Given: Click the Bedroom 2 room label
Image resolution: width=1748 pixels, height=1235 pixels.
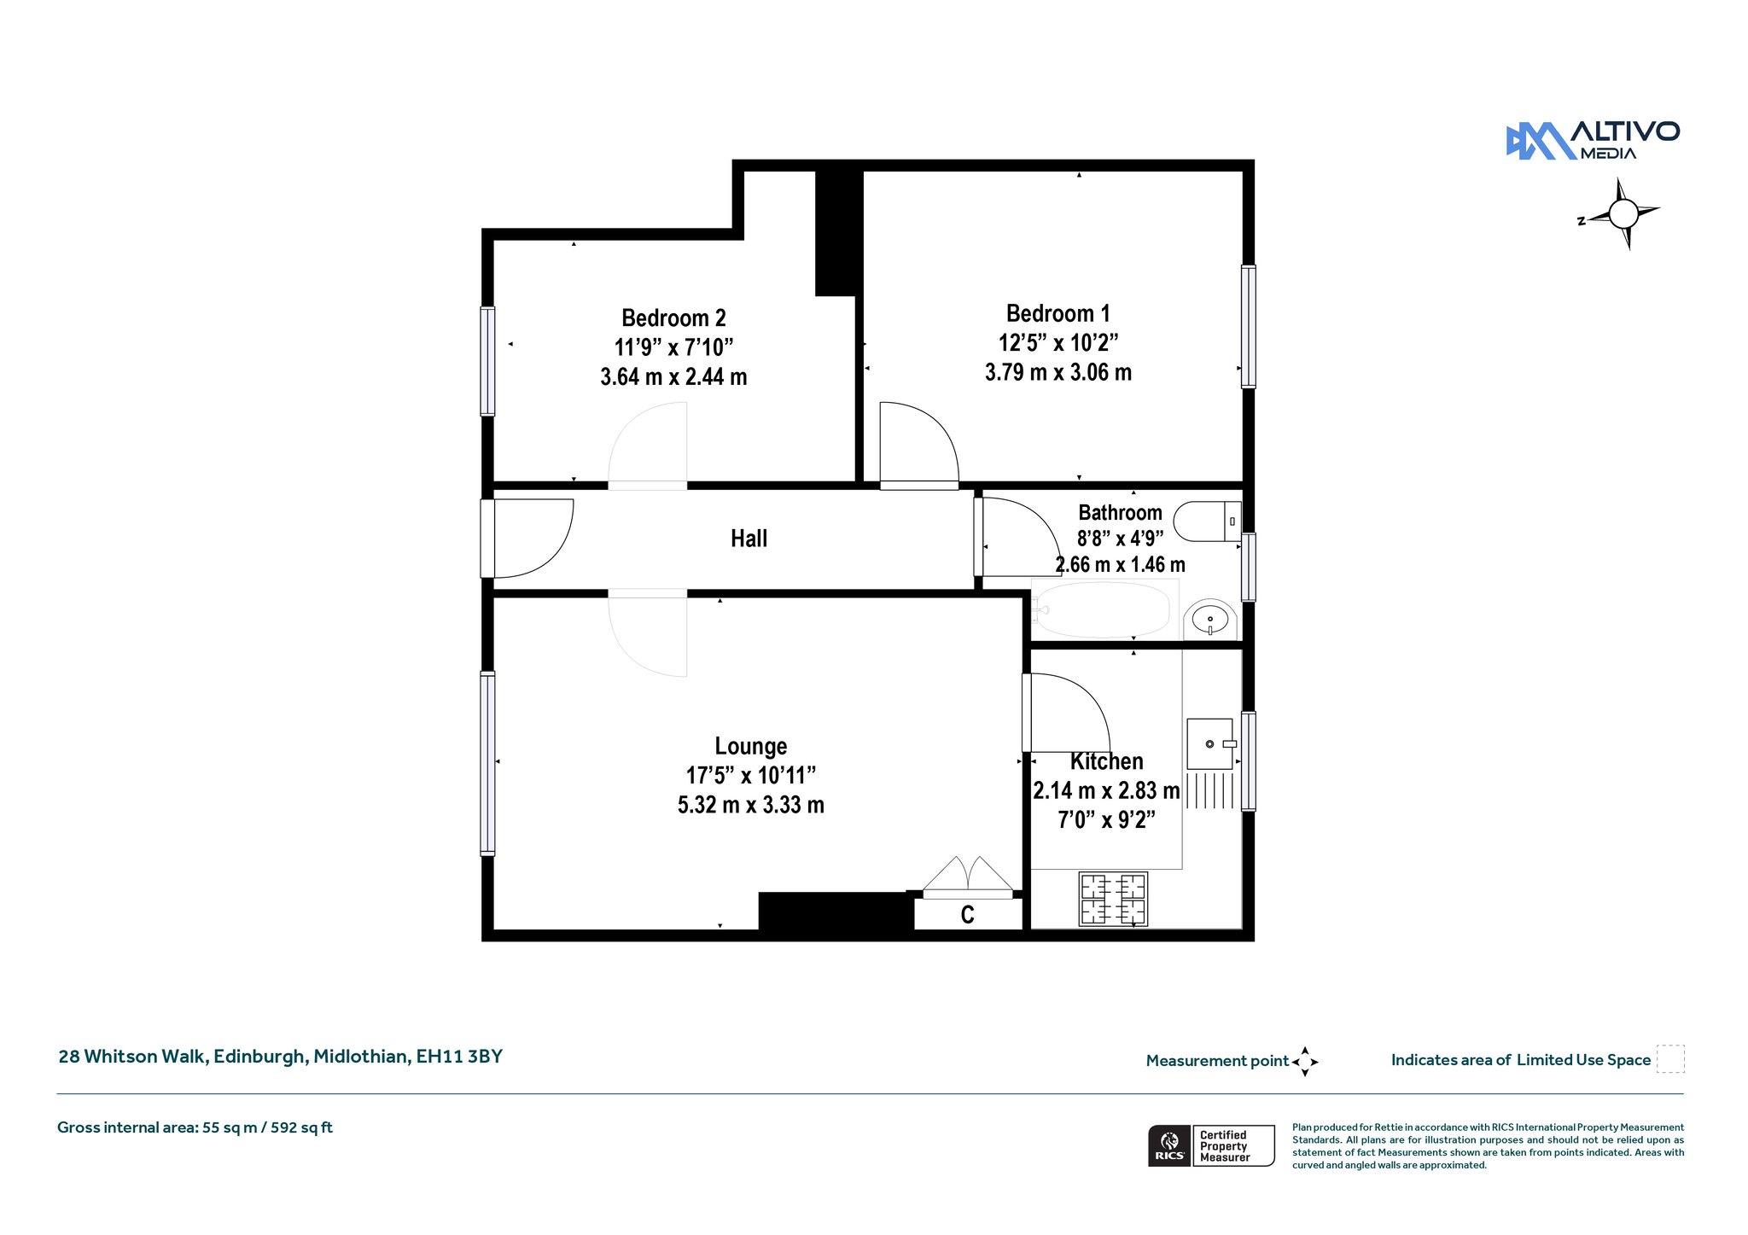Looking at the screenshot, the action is [673, 318].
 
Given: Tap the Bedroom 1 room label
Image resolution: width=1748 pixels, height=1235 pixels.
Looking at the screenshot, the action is [1058, 314].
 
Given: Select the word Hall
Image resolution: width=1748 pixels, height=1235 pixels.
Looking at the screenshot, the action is [749, 539].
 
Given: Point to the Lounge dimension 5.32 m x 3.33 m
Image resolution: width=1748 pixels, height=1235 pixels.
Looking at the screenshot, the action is [750, 805].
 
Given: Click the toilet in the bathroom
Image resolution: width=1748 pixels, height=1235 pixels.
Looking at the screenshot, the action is [1207, 521].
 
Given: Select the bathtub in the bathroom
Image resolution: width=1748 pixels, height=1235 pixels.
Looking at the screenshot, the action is [1104, 609].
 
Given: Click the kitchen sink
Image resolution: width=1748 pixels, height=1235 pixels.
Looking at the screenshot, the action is [1210, 744].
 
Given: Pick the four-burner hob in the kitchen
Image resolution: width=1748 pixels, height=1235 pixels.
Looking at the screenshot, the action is [1114, 899].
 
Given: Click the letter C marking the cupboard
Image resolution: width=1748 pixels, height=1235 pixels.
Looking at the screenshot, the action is [967, 915].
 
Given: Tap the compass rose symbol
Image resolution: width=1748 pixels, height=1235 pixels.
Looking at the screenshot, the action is [1623, 213].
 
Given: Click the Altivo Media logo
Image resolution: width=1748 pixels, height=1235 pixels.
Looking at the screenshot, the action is [1593, 141].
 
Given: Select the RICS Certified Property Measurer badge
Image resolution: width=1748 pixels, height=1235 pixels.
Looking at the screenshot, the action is [1211, 1145].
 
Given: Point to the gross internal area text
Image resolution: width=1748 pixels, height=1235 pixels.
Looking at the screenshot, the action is [195, 1127].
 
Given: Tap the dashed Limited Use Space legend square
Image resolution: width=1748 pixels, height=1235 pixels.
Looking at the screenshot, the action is [1670, 1059].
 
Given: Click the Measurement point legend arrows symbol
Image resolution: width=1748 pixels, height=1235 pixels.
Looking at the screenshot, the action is [1305, 1062].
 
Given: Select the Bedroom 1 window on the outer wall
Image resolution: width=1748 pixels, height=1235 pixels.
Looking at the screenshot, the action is [1248, 326].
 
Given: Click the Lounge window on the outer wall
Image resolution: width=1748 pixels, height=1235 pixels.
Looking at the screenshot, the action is [487, 763].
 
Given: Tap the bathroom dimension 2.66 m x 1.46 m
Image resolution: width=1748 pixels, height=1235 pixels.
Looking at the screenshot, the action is [1120, 565].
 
